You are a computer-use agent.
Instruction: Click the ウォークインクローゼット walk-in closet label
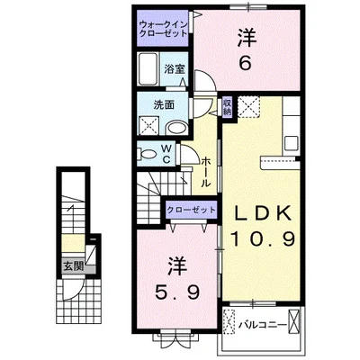[x=164, y=27]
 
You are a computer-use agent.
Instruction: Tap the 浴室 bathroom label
[x=174, y=67]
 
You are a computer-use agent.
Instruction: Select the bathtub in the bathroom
[x=149, y=68]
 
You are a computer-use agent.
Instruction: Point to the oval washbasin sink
[x=176, y=127]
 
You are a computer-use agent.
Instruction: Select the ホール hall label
[x=206, y=170]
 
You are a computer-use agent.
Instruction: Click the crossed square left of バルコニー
[x=229, y=320]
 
